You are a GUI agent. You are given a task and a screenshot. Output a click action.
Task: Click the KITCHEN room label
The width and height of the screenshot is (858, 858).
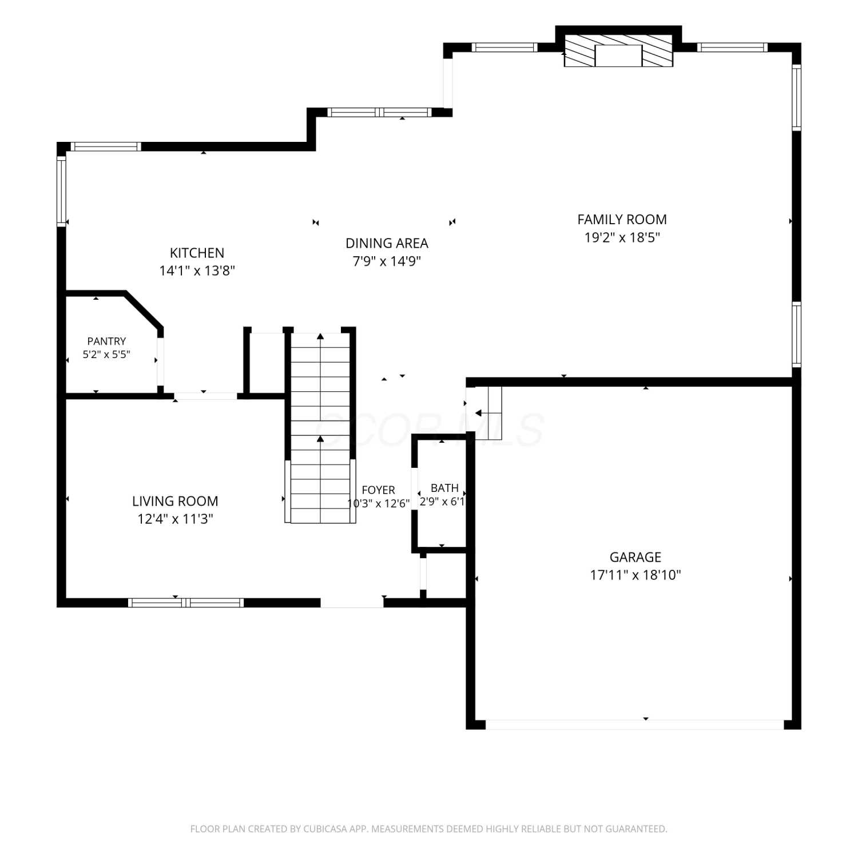(197, 253)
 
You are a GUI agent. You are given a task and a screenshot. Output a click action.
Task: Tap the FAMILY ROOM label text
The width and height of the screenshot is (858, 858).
(622, 220)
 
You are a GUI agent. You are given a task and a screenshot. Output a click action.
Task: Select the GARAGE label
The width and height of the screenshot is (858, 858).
(635, 557)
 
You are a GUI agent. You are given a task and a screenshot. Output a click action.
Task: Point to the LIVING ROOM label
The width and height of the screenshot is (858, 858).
(175, 502)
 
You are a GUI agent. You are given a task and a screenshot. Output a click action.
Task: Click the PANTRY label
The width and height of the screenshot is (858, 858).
(106, 341)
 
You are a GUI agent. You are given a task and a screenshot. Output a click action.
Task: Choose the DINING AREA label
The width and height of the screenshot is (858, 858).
(387, 244)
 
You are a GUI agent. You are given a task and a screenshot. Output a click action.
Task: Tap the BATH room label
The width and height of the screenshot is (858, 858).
(444, 488)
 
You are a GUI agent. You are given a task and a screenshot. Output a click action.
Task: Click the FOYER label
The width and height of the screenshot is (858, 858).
(378, 490)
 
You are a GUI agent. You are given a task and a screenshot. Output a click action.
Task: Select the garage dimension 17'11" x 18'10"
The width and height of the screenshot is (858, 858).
(635, 575)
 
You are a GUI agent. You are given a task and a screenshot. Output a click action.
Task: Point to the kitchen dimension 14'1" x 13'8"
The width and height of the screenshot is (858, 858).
(197, 271)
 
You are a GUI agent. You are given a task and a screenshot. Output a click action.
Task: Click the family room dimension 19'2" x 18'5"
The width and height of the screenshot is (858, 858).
(622, 237)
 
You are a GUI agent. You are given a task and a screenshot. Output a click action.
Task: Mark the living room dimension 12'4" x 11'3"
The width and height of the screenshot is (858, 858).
(175, 519)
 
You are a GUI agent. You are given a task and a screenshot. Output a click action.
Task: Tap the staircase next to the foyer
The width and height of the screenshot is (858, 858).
(320, 427)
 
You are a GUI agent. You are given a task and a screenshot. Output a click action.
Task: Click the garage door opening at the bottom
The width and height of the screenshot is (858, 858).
(634, 725)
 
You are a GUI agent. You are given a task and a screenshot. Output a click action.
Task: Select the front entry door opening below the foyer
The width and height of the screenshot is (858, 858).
(352, 602)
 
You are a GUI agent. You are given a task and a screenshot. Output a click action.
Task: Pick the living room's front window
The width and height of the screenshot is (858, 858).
(186, 602)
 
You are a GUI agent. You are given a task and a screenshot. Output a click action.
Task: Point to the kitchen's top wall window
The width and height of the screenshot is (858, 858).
(106, 146)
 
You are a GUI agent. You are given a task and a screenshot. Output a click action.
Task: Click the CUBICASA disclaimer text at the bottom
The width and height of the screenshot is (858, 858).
(428, 829)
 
